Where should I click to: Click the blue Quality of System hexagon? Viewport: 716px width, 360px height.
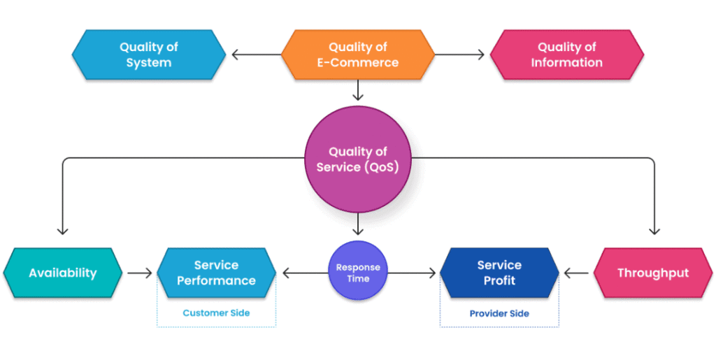(x=149, y=55)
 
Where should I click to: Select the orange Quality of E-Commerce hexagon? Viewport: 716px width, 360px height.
(x=357, y=55)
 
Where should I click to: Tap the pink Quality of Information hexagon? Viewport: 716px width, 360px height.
(x=566, y=55)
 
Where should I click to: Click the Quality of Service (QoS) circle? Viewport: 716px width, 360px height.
(x=358, y=159)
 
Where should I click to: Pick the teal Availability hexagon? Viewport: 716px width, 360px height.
(x=62, y=273)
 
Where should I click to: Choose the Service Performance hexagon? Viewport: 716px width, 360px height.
(x=217, y=273)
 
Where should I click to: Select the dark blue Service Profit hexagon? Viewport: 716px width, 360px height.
(x=499, y=273)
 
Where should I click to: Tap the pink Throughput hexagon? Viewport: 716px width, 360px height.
(x=653, y=273)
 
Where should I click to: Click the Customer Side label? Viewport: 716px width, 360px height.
(x=217, y=313)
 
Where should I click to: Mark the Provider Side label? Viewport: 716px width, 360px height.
(x=499, y=313)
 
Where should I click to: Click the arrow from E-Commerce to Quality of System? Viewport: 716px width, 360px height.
(x=256, y=55)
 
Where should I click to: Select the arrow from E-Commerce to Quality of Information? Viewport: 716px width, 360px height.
(x=459, y=55)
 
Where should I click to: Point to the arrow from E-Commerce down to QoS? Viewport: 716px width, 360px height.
(x=358, y=90)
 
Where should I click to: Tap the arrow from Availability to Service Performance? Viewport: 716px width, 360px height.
(x=140, y=273)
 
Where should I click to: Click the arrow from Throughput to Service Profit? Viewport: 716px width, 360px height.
(x=576, y=273)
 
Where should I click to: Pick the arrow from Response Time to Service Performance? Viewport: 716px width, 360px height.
(x=306, y=273)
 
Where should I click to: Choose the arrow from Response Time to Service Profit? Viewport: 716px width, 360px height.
(x=411, y=273)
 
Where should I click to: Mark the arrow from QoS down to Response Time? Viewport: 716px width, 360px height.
(x=358, y=224)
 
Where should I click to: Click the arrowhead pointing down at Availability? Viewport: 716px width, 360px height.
(x=62, y=231)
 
